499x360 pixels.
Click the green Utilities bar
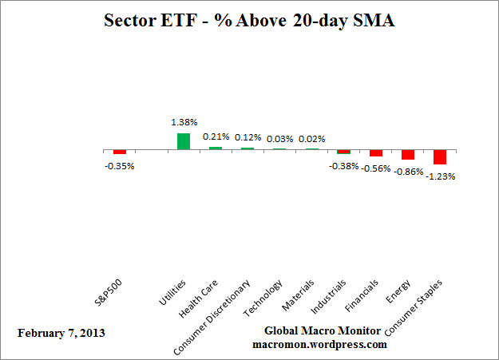click(184, 141)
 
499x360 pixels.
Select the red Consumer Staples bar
click(439, 157)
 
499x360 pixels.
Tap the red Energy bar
click(407, 155)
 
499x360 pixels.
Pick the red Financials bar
click(375, 153)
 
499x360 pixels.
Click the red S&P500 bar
click(120, 152)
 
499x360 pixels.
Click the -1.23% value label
click(441, 176)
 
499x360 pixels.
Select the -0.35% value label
click(120, 166)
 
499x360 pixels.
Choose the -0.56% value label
click(376, 168)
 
